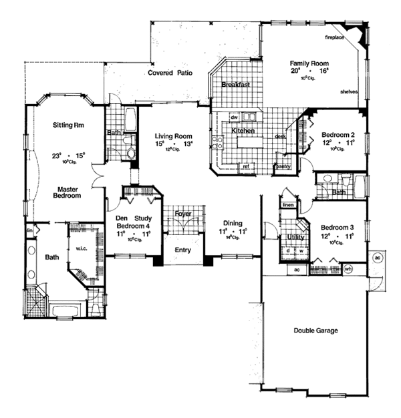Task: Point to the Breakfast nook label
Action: tap(237, 85)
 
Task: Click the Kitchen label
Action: tap(243, 132)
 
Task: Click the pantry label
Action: tap(283, 166)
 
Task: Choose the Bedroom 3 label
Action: tap(338, 226)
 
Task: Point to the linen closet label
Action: tap(288, 206)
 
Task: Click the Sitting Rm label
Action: tap(67, 125)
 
